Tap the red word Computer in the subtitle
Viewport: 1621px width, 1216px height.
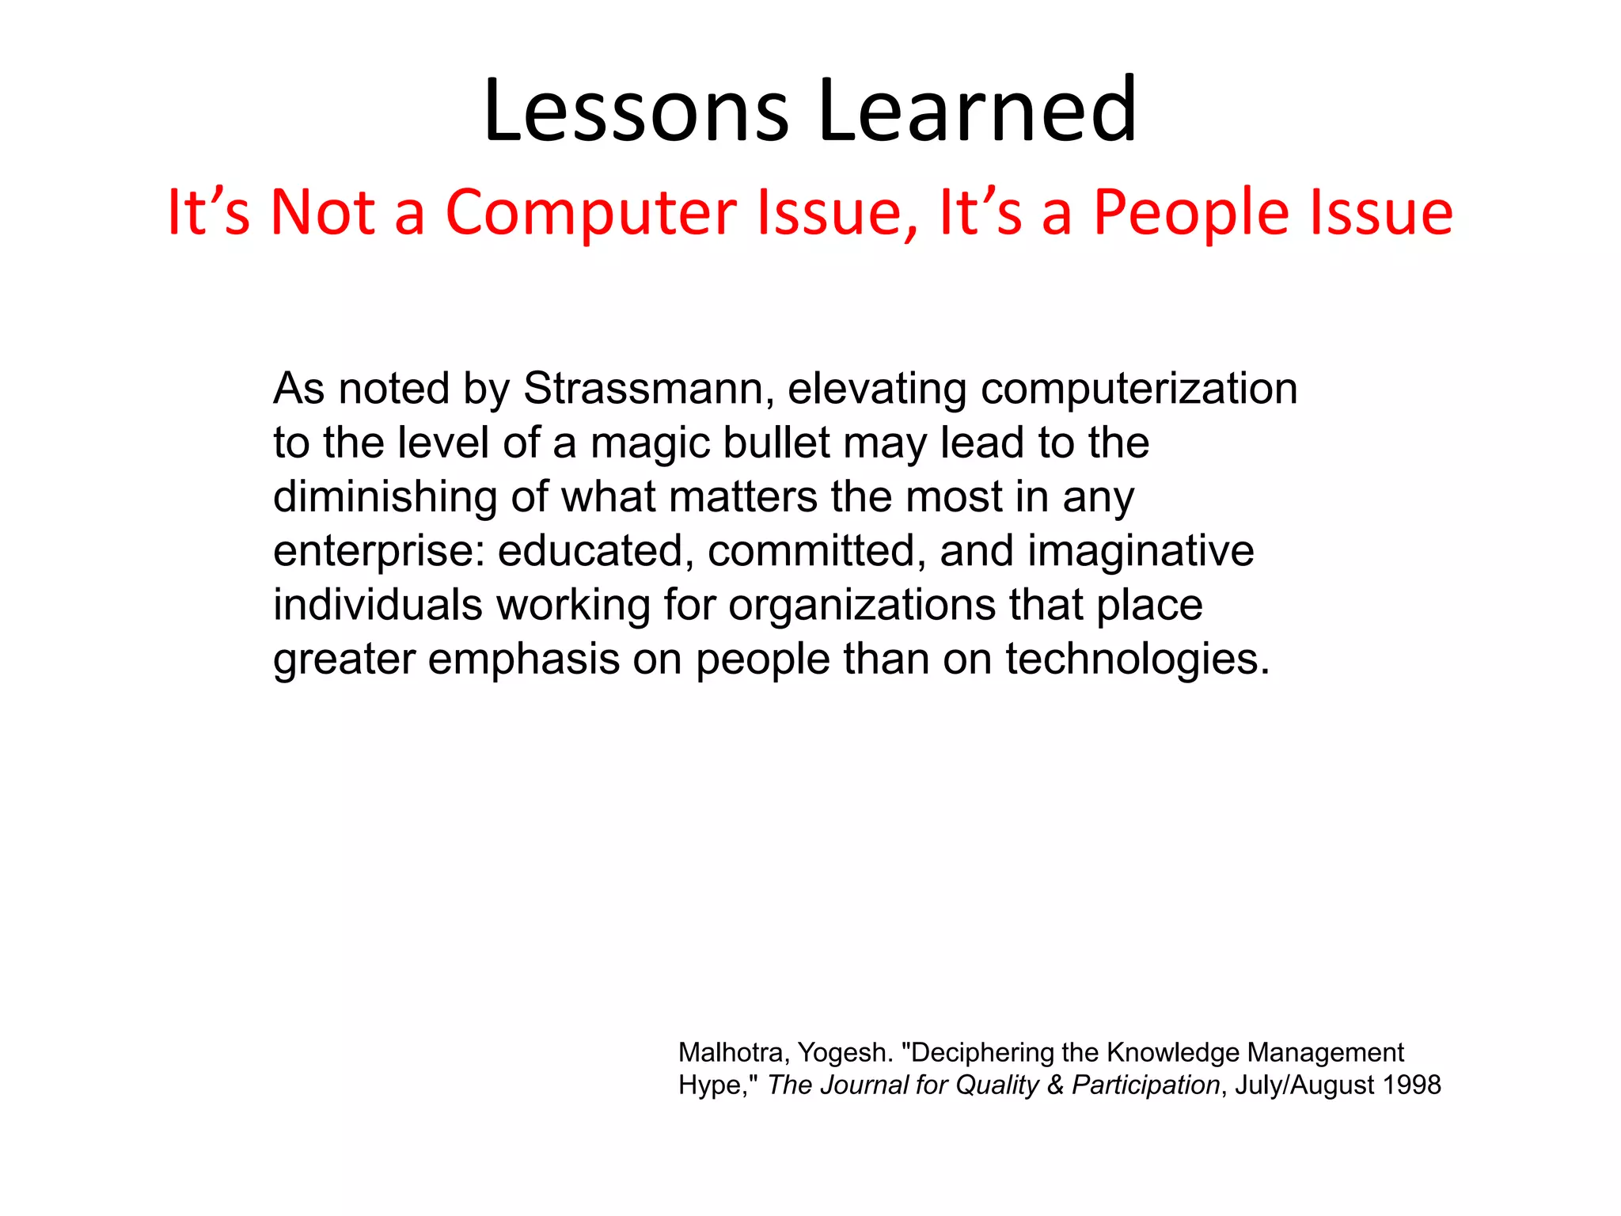point(590,214)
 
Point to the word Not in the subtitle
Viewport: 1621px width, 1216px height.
point(322,214)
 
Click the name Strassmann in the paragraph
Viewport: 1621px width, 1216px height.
point(643,389)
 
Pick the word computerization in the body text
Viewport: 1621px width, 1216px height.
point(1139,389)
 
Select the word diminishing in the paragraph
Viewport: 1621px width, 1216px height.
point(385,497)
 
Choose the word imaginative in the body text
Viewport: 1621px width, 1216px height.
point(1141,552)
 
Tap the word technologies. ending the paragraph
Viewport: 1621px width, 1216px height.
point(1137,659)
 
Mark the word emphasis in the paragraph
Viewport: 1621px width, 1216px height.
point(523,659)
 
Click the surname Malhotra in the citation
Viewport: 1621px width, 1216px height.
point(730,1053)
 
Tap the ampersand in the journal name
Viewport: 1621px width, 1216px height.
point(1055,1085)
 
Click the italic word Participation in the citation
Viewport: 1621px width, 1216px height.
point(1145,1085)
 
